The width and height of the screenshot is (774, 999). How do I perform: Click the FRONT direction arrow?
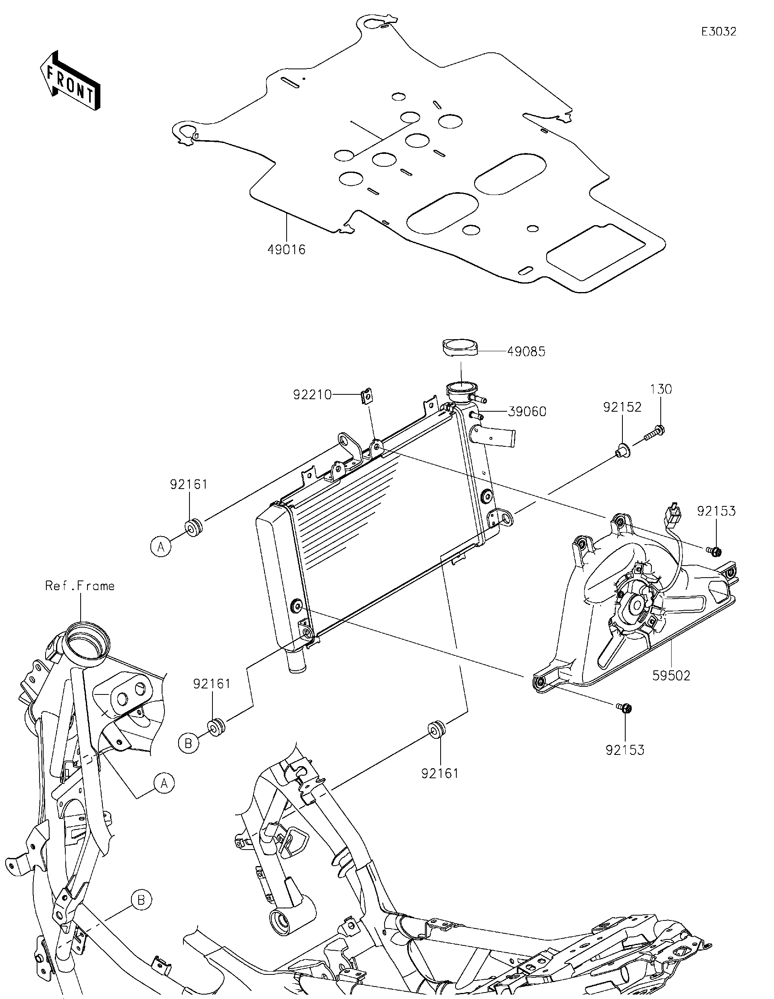pyautogui.click(x=70, y=81)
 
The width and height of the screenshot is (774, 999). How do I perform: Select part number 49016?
pyautogui.click(x=287, y=250)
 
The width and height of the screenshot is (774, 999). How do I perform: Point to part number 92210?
pyautogui.click(x=312, y=394)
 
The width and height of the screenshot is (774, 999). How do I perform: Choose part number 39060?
pyautogui.click(x=527, y=412)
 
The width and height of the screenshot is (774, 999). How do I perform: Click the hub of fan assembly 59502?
pyautogui.click(x=636, y=605)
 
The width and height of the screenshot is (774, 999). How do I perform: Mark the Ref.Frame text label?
pyautogui.click(x=80, y=586)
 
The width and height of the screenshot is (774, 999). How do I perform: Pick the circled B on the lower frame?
pyautogui.click(x=141, y=900)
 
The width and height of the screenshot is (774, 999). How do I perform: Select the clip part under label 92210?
pyautogui.click(x=366, y=396)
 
